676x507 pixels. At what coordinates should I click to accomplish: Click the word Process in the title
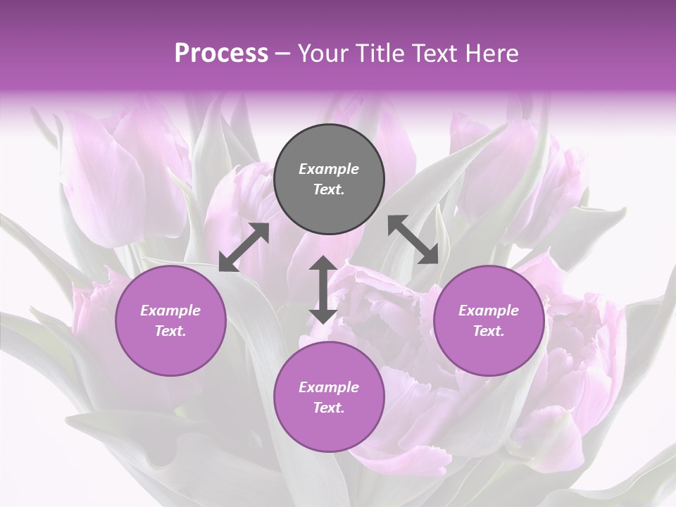tap(221, 54)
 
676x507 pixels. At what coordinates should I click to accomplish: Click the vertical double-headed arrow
tap(323, 290)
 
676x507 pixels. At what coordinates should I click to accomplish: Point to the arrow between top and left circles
tap(244, 247)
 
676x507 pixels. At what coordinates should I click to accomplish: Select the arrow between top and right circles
tap(413, 239)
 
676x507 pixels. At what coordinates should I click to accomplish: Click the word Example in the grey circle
tap(329, 169)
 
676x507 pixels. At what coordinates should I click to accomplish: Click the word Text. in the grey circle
tap(329, 189)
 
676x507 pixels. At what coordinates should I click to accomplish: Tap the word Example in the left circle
tap(170, 311)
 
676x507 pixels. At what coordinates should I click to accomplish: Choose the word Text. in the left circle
tap(170, 331)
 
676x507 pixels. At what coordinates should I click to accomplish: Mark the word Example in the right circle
tap(488, 311)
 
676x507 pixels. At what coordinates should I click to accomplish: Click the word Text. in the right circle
tap(488, 331)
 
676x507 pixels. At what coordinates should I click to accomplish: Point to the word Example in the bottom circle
tap(329, 387)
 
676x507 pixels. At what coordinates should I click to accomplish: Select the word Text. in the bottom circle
tap(329, 408)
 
